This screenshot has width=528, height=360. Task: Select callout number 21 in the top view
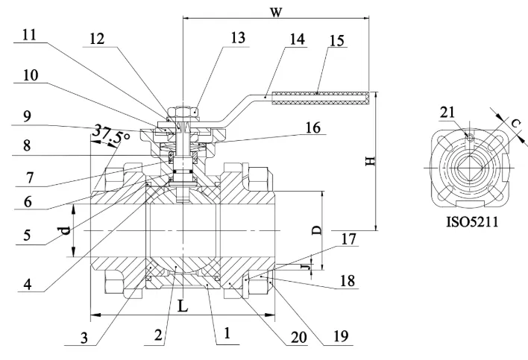[x=447, y=112]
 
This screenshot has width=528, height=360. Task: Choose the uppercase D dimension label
[x=317, y=230]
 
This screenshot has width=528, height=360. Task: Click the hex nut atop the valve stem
[x=182, y=112]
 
